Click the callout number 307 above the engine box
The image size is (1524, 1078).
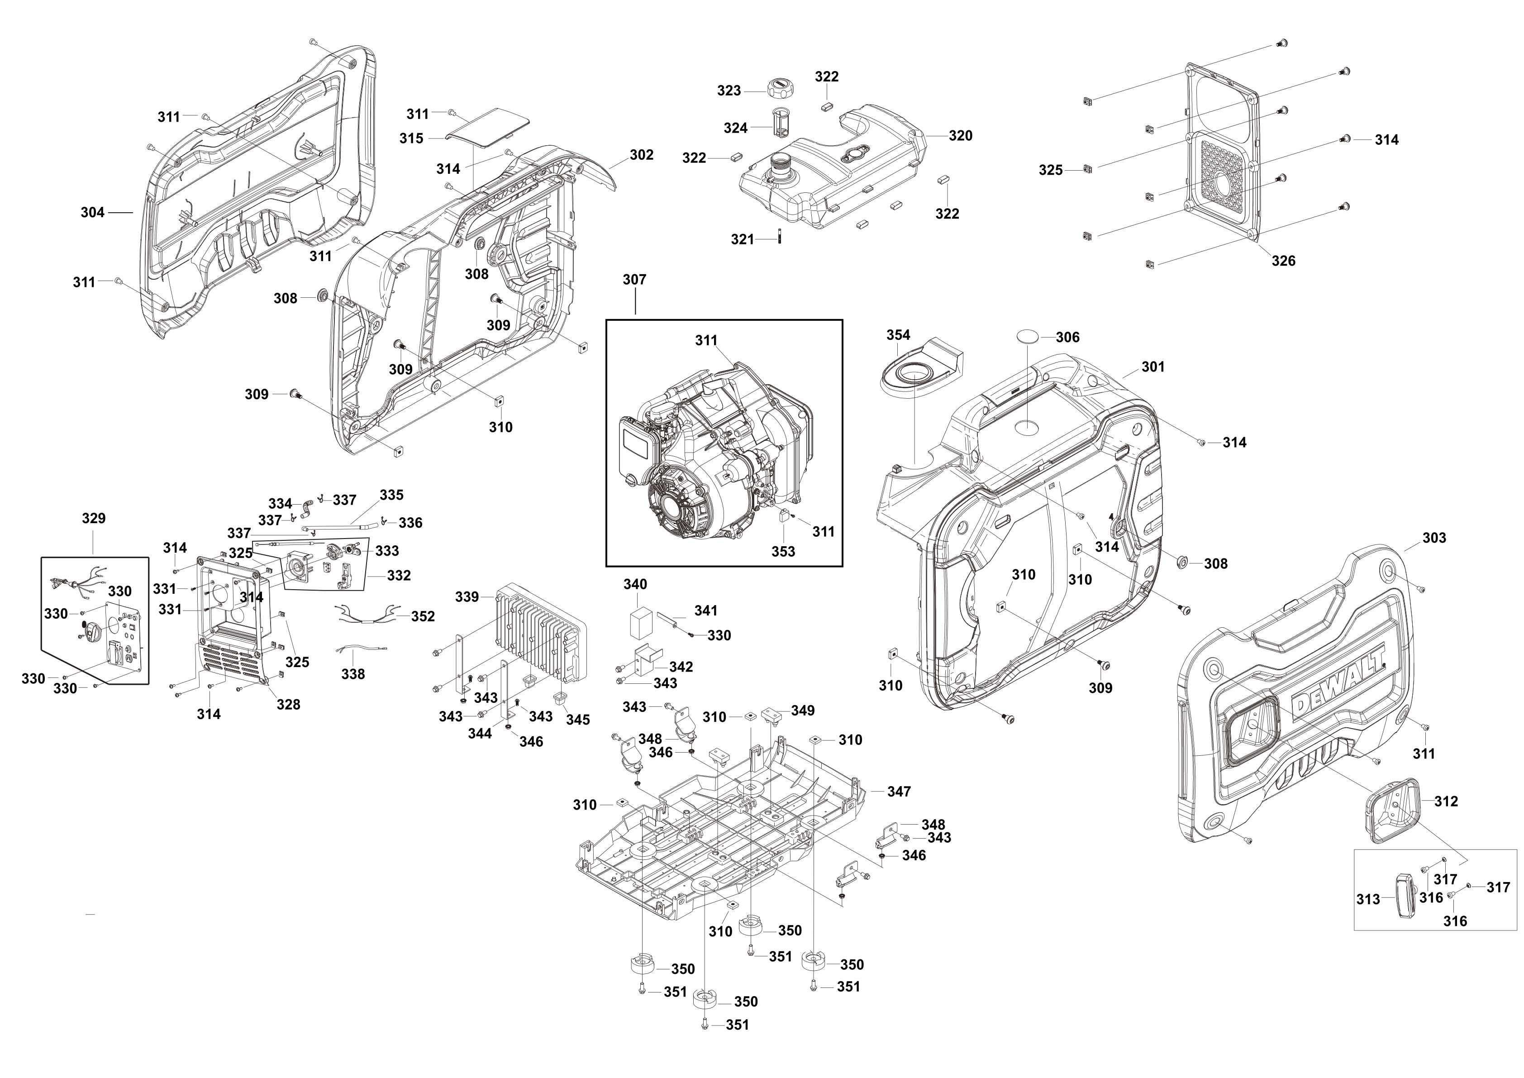634,280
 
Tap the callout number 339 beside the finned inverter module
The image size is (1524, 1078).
467,597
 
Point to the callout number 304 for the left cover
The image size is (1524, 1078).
92,212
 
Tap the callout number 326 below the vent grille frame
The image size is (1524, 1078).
1283,261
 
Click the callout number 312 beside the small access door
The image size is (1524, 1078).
1446,801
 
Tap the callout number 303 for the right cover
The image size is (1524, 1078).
1434,538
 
